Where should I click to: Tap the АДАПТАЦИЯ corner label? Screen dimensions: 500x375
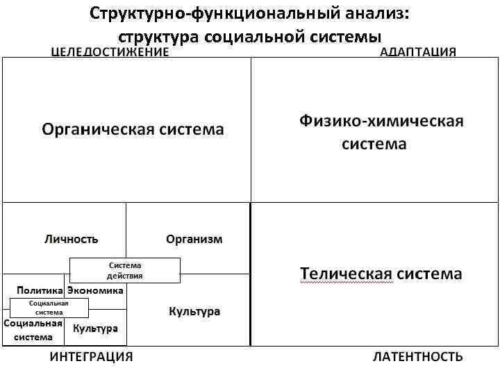point(418,51)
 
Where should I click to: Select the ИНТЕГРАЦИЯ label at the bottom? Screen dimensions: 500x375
point(91,357)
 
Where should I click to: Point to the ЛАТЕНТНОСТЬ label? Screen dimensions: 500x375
point(418,357)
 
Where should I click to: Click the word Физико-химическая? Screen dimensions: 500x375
point(381,122)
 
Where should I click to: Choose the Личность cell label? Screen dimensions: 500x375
point(72,239)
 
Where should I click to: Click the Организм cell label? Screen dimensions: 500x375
point(194,239)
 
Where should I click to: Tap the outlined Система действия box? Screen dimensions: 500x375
point(125,269)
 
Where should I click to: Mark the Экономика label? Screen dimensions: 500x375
point(96,290)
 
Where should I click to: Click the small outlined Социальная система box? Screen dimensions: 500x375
point(49,308)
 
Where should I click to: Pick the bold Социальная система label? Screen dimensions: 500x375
point(33,331)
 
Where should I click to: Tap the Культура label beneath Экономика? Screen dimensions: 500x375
point(95,328)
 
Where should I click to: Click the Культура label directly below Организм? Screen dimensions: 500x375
point(194,311)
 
